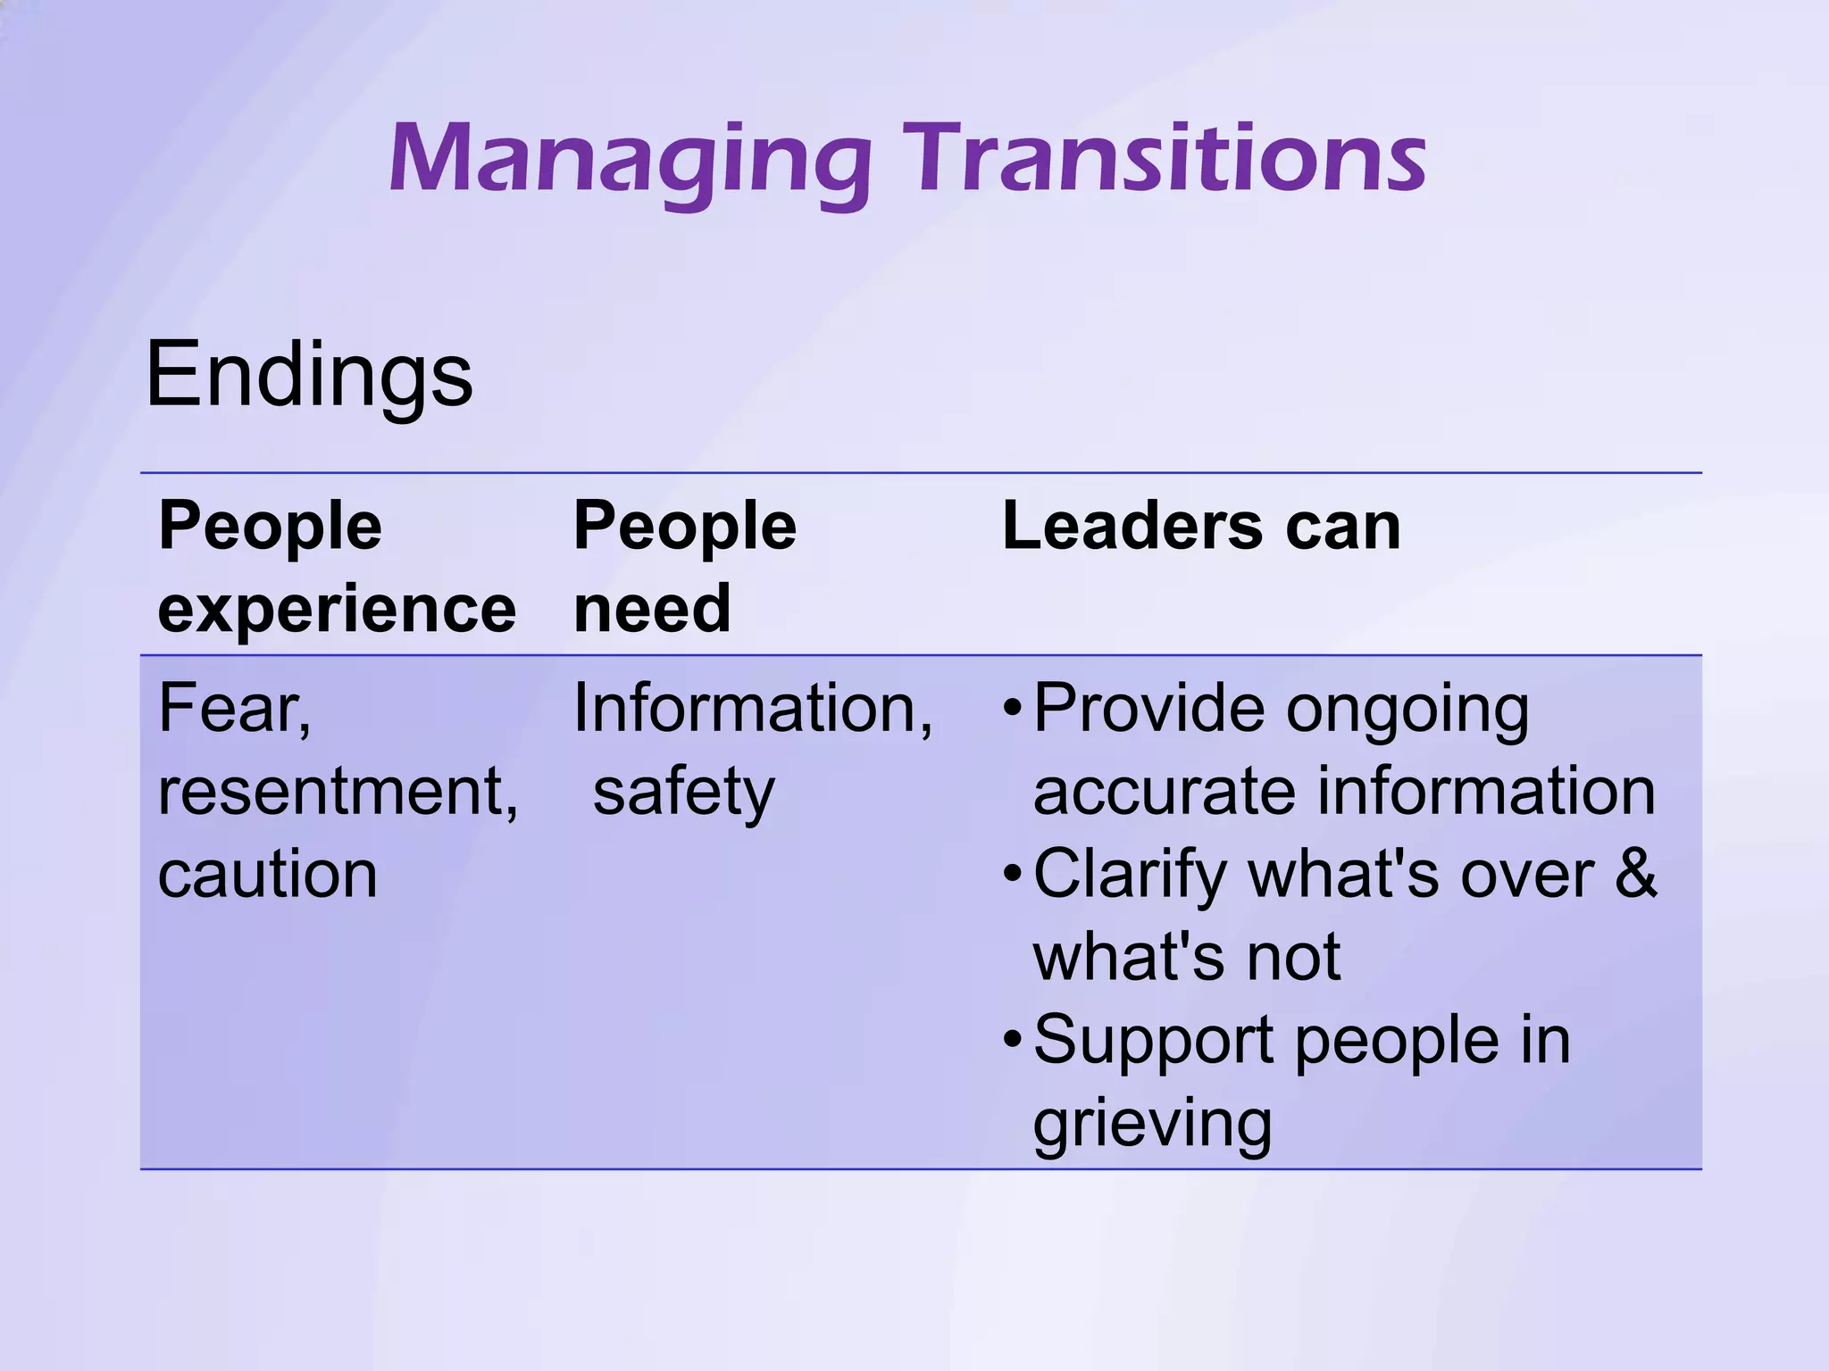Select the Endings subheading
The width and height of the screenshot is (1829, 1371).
(x=308, y=375)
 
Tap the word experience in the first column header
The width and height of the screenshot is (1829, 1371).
(x=337, y=610)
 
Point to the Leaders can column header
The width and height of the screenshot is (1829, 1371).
(x=1201, y=526)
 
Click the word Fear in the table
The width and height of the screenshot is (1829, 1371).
(x=230, y=708)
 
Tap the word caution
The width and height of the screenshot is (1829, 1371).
(x=267, y=875)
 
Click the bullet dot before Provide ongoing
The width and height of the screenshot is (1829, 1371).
(x=1011, y=710)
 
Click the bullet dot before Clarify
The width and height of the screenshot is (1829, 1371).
(x=1011, y=876)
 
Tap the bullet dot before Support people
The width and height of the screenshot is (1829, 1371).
(x=1011, y=1042)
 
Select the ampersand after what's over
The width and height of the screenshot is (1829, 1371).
(x=1635, y=875)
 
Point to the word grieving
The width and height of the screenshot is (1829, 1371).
(x=1152, y=1124)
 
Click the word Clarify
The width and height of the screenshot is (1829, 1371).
(x=1131, y=875)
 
